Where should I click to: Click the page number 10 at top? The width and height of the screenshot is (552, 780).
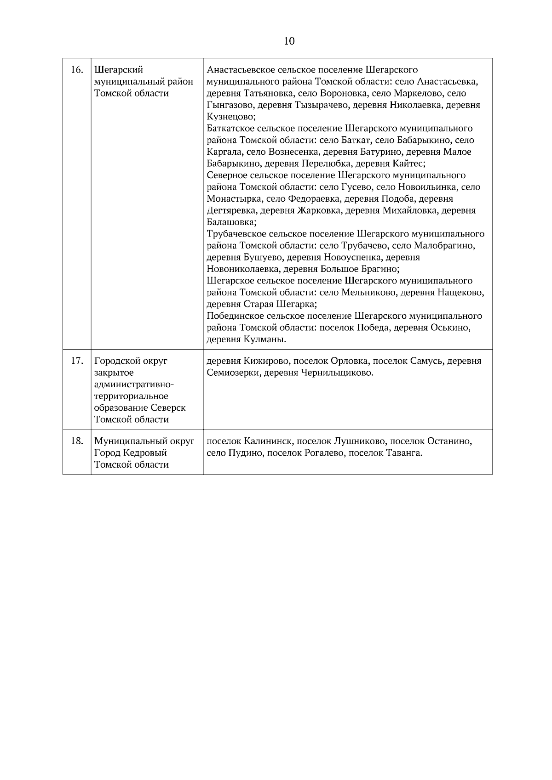click(289, 41)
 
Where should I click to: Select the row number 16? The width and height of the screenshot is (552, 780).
click(77, 70)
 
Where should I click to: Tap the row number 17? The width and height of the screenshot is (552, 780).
click(77, 361)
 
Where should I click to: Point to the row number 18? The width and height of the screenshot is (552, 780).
click(77, 441)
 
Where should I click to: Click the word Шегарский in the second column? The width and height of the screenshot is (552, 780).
click(119, 70)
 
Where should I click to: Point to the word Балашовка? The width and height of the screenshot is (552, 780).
click(230, 222)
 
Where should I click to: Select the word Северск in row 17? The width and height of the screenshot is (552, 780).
click(169, 408)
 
